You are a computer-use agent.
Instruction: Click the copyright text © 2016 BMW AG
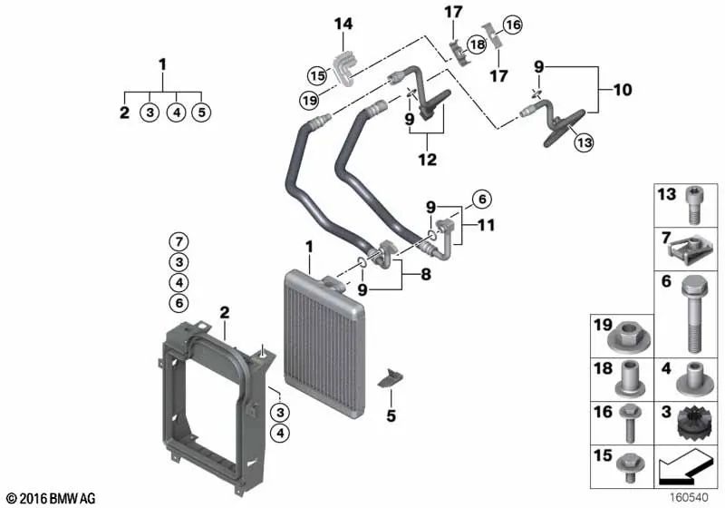click(50, 498)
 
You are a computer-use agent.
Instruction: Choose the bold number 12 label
click(427, 160)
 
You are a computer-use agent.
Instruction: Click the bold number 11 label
click(486, 225)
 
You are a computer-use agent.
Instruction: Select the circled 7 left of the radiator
click(179, 241)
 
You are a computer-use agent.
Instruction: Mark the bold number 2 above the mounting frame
click(223, 312)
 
